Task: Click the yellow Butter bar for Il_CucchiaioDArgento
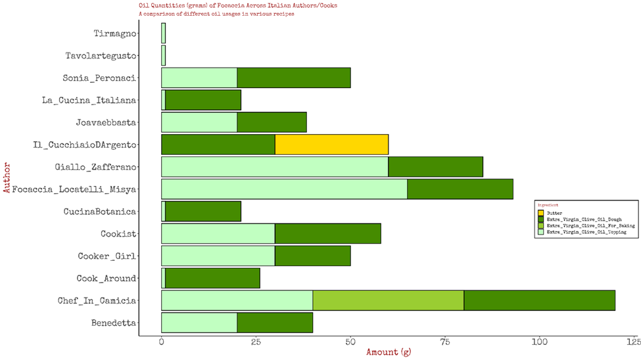pos(331,145)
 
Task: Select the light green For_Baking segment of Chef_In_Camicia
pos(388,301)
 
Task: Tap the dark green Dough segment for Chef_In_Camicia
pos(539,301)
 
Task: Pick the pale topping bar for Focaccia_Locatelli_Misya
pos(284,189)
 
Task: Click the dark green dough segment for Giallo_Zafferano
pos(435,167)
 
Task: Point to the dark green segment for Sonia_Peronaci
pos(293,78)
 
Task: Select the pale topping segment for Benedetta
pos(199,323)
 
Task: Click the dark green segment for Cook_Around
pos(212,279)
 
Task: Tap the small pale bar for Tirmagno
pos(163,33)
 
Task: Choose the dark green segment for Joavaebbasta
pos(272,122)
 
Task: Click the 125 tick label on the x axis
pos(634,342)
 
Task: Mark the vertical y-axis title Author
pos(6,178)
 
